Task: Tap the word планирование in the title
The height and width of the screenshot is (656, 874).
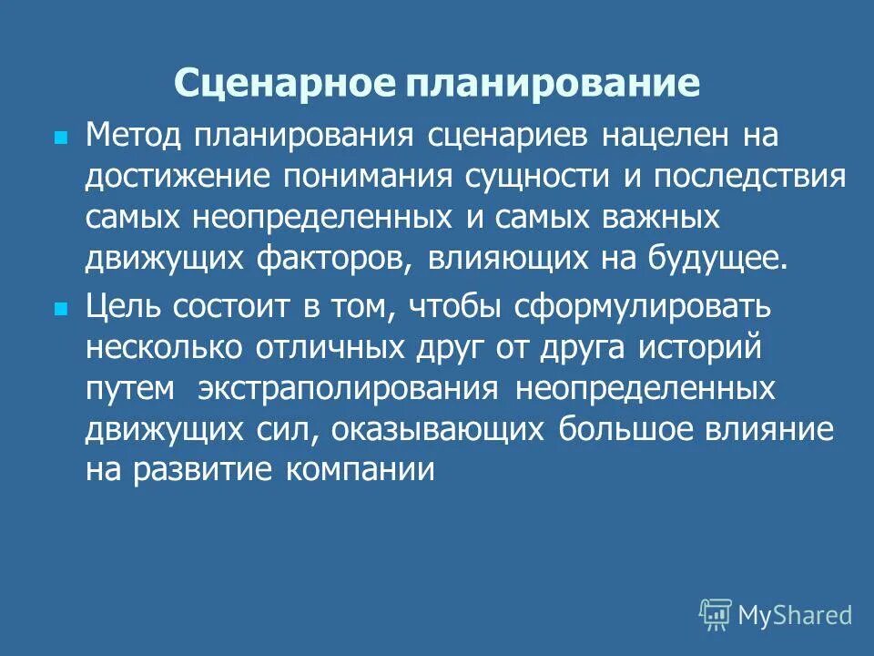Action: (x=552, y=84)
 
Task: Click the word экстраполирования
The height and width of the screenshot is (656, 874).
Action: (x=347, y=389)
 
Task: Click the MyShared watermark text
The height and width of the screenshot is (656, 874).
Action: (x=795, y=615)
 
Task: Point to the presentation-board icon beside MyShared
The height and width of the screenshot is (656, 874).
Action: (x=715, y=615)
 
